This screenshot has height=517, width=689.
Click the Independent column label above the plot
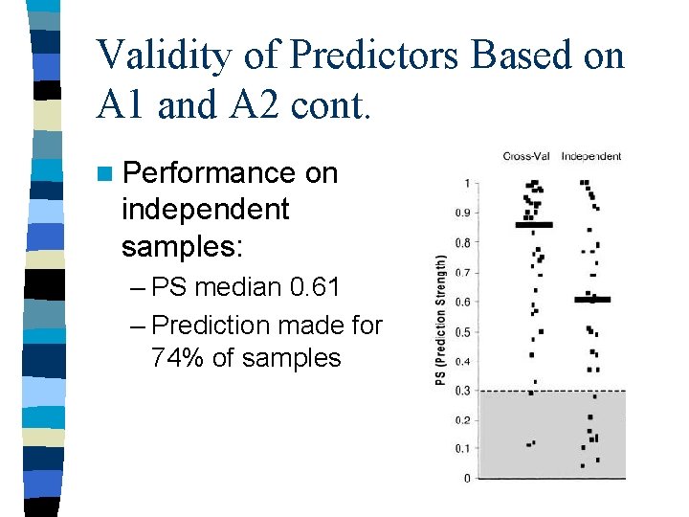[x=590, y=156]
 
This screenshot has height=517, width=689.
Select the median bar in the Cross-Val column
[x=534, y=225]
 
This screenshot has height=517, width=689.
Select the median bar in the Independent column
[x=592, y=300]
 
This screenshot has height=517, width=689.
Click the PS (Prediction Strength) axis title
[x=441, y=321]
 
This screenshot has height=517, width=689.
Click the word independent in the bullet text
[x=205, y=209]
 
